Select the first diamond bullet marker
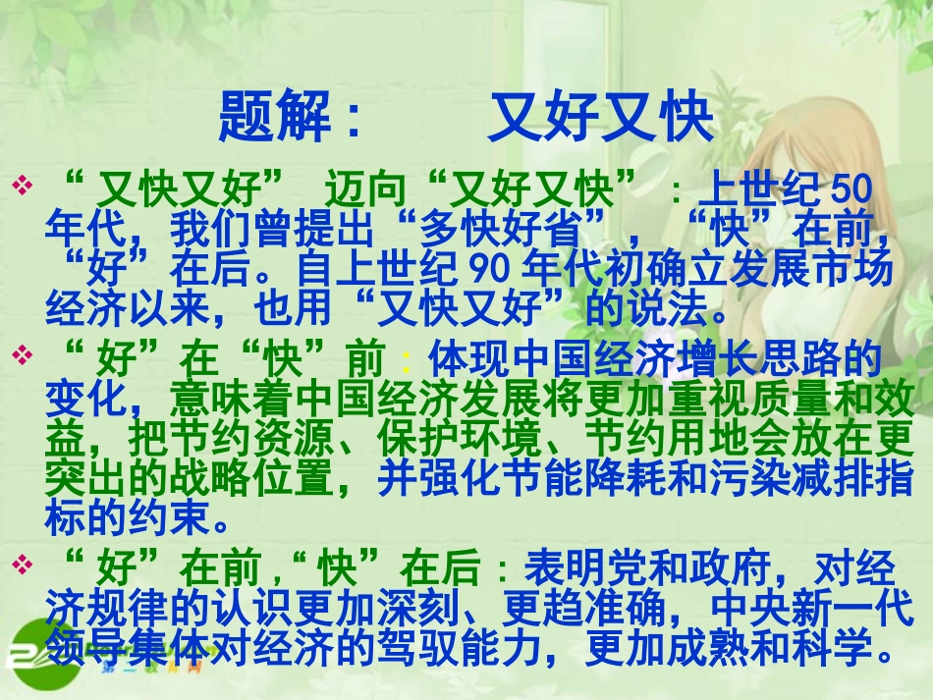(21, 184)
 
